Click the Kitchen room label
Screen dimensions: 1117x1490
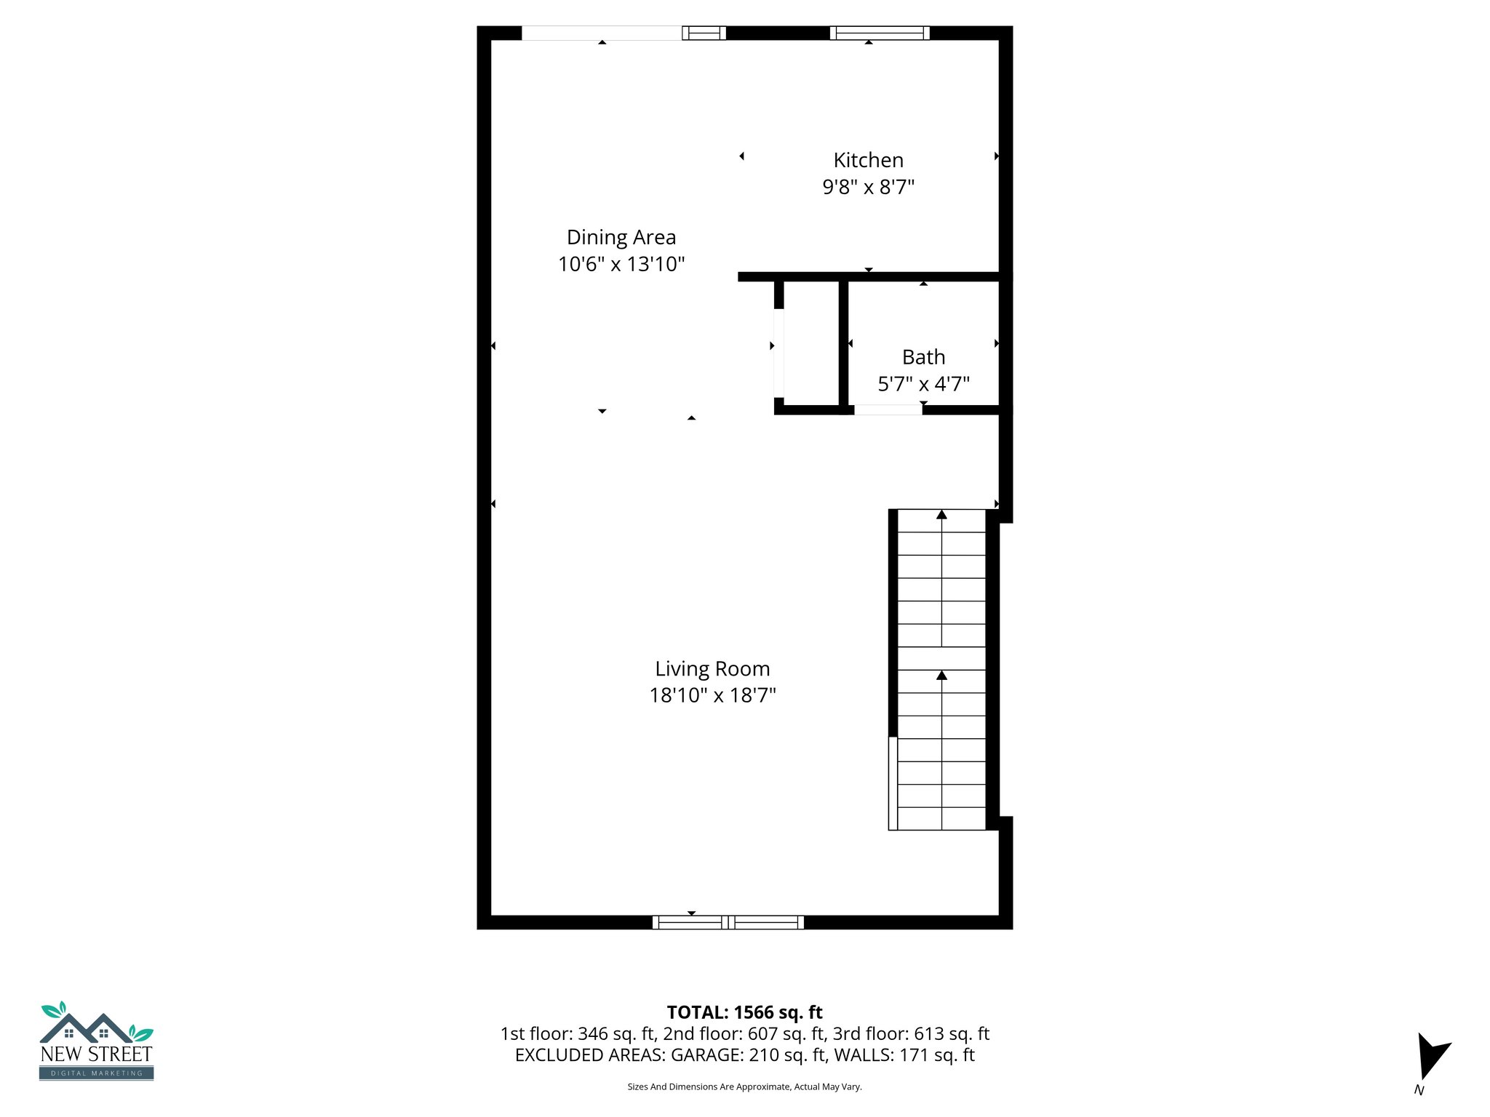868,160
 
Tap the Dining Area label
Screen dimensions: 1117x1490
621,237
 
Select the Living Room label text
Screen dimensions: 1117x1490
712,668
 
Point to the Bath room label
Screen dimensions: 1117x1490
923,357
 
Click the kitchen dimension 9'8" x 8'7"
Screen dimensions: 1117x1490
868,187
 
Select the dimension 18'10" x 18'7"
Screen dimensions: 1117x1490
712,695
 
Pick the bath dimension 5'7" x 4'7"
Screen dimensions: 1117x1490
923,384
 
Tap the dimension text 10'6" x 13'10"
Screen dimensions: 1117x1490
621,264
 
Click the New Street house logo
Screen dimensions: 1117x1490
96,1040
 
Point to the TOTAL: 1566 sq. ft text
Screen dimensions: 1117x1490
744,1012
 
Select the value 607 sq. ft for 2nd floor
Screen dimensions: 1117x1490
786,1033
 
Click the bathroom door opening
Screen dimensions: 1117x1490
888,410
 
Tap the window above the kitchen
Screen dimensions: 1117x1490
880,33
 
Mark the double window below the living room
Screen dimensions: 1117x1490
728,922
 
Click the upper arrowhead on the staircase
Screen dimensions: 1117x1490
941,515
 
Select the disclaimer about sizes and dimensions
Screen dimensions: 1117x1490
744,1087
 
